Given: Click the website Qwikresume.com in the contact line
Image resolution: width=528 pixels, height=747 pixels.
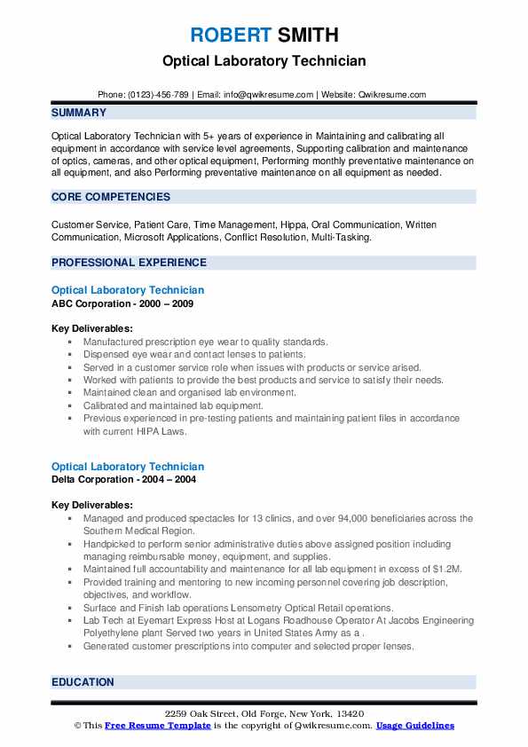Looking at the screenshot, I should pyautogui.click(x=392, y=95).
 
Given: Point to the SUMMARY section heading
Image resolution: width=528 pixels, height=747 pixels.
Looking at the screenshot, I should pyautogui.click(x=79, y=113).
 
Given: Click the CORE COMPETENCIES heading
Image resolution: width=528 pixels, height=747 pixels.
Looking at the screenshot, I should pyautogui.click(x=111, y=197).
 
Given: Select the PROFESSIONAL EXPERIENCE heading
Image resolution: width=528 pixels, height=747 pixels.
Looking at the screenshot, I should pyautogui.click(x=129, y=263).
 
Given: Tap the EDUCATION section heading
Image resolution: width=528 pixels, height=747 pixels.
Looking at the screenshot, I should pyautogui.click(x=83, y=682).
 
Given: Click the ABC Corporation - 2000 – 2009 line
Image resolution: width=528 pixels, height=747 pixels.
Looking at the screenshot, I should pyautogui.click(x=122, y=303).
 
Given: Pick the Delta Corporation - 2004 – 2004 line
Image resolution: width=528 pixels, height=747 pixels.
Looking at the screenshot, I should pyautogui.click(x=124, y=480).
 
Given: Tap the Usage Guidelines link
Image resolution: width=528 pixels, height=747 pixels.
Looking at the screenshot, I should pyautogui.click(x=414, y=726).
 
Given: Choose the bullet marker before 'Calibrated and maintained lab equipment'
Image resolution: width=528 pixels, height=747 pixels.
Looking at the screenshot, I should pyautogui.click(x=69, y=405).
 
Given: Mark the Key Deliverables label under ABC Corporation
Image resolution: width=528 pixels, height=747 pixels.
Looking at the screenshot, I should pyautogui.click(x=86, y=328).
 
